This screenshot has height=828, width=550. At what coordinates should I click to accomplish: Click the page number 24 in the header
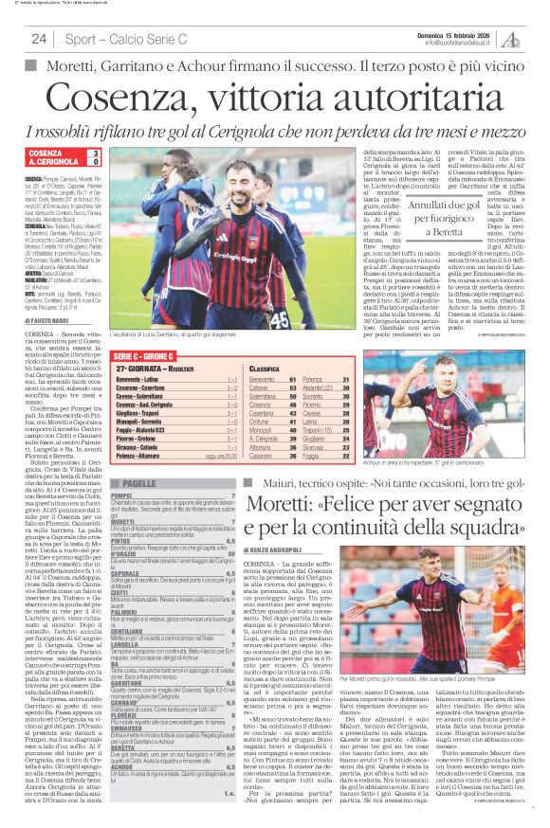(39, 39)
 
